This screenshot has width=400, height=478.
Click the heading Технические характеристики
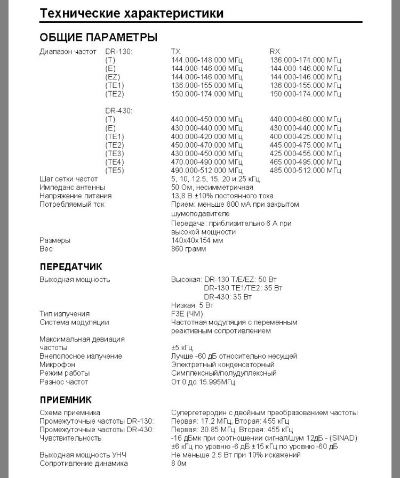[x=131, y=13]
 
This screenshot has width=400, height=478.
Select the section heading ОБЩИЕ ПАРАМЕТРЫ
[x=98, y=38]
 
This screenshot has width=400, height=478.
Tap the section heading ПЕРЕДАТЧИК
[x=71, y=266]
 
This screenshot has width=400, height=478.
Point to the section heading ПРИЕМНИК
[x=66, y=399]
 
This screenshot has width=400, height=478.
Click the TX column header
[x=175, y=52]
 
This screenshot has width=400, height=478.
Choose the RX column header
[x=275, y=52]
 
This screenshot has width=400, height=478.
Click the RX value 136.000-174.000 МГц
[x=306, y=60]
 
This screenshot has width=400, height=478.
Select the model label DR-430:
[x=119, y=111]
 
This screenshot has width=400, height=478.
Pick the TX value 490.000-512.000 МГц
[x=206, y=171]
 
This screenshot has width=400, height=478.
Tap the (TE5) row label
[x=115, y=171]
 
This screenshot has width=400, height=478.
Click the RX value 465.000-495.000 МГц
[x=306, y=162]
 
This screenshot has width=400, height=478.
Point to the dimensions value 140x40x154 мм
[x=197, y=240]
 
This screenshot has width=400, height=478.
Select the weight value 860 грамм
[x=188, y=249]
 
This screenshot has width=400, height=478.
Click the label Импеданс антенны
[x=72, y=188]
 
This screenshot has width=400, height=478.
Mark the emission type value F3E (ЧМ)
[x=187, y=314]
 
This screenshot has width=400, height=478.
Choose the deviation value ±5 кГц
[x=182, y=347]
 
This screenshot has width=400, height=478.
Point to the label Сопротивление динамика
[x=84, y=464]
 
